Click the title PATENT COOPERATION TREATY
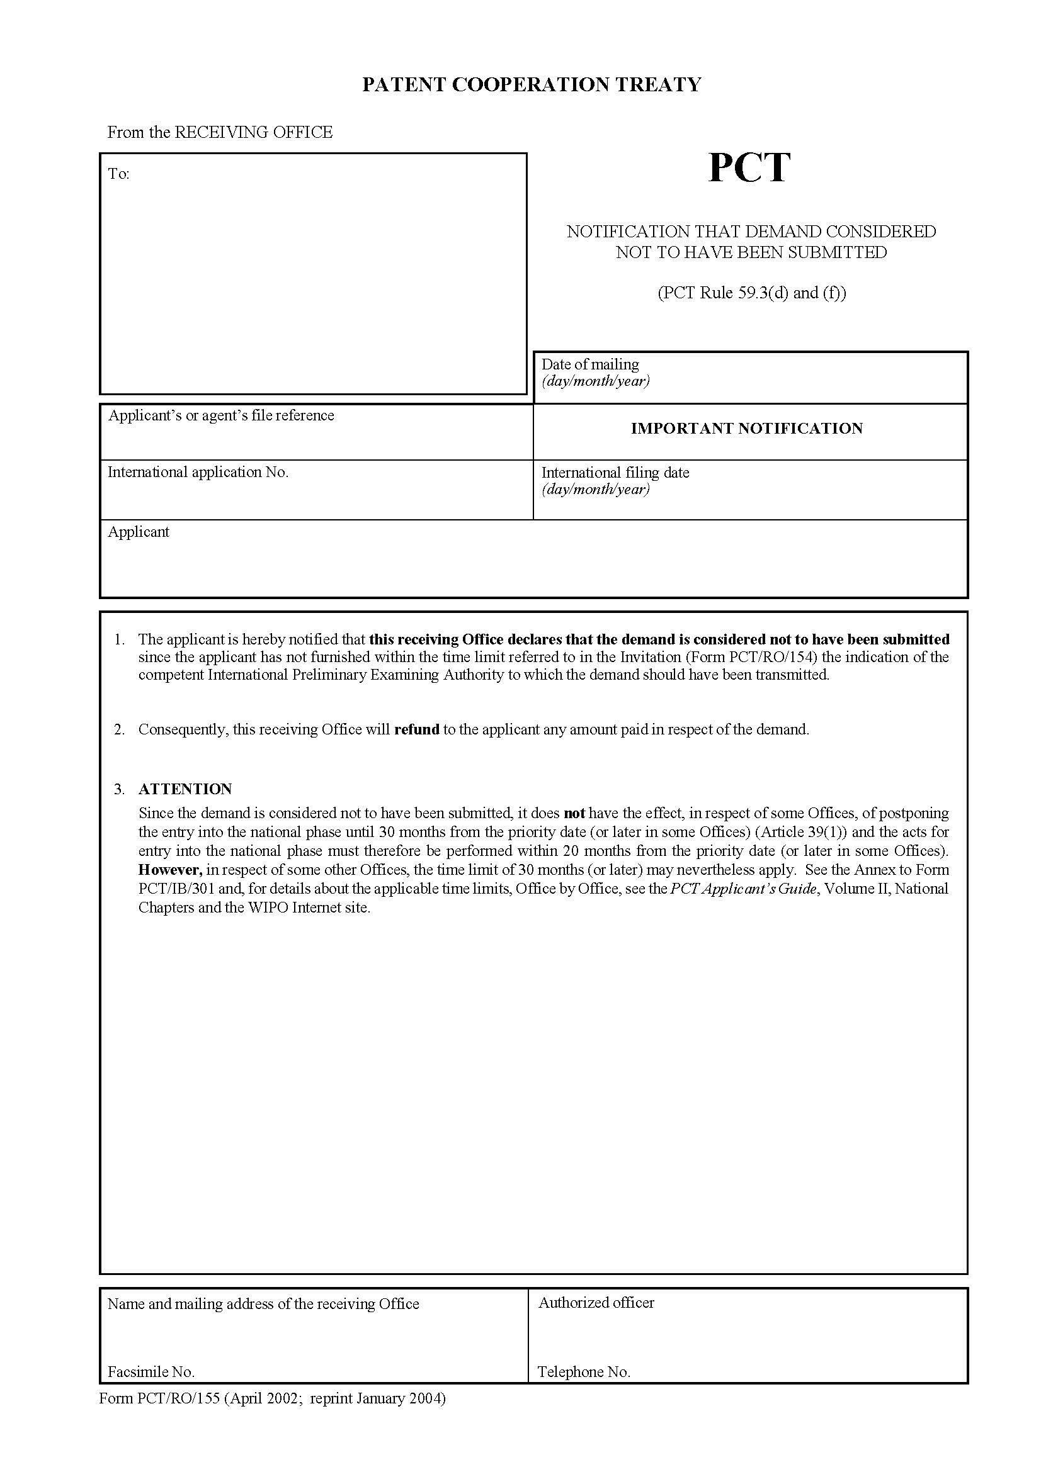(532, 84)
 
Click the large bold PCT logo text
(749, 168)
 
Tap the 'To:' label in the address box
(118, 174)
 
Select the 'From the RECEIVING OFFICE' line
(219, 133)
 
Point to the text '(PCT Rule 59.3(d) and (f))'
(752, 293)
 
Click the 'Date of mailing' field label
(590, 364)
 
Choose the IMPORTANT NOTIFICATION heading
(747, 429)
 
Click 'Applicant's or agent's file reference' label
(221, 415)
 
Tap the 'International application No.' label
(198, 473)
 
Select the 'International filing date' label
(615, 473)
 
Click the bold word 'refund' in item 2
(416, 729)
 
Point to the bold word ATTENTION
(185, 789)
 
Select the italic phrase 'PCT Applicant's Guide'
(744, 889)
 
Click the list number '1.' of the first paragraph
(119, 639)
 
